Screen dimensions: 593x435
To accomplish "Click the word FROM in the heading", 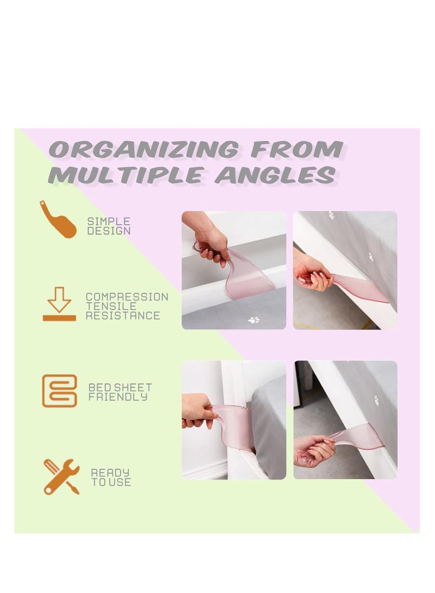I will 296,149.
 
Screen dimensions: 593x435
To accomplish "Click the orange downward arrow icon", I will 59,304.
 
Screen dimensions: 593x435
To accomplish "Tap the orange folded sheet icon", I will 59,391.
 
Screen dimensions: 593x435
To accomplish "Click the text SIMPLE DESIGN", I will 109,226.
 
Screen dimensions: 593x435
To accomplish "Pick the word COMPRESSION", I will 127,297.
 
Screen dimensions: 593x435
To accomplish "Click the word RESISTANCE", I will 123,315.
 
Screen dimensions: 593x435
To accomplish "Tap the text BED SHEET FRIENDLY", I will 120,392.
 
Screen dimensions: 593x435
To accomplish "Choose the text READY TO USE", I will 110,477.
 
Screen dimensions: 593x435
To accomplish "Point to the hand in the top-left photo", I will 213,245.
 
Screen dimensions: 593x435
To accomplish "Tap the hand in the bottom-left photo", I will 199,411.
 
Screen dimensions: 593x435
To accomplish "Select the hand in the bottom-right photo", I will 314,451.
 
